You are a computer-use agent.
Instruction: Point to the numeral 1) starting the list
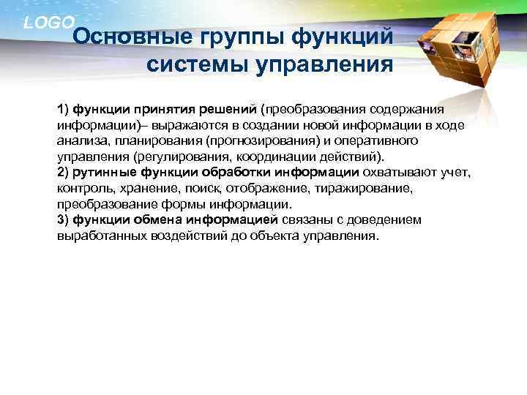point(62,109)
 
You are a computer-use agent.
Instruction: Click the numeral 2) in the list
point(62,172)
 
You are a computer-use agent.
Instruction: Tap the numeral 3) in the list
point(62,219)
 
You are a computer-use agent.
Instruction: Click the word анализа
point(80,140)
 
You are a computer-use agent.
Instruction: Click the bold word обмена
point(157,219)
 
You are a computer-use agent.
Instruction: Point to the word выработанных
point(98,236)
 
